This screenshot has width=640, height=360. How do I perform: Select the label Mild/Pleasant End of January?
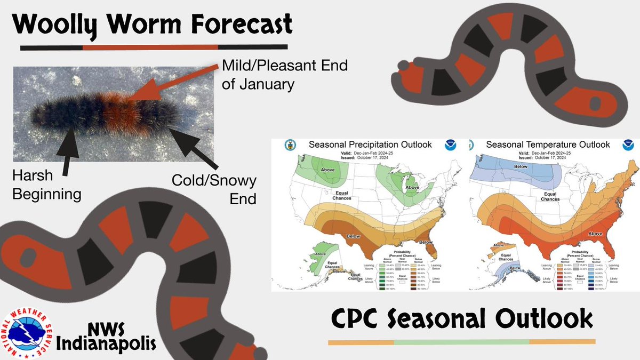[x=284, y=75]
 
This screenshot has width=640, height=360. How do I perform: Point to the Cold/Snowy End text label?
[x=214, y=189]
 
